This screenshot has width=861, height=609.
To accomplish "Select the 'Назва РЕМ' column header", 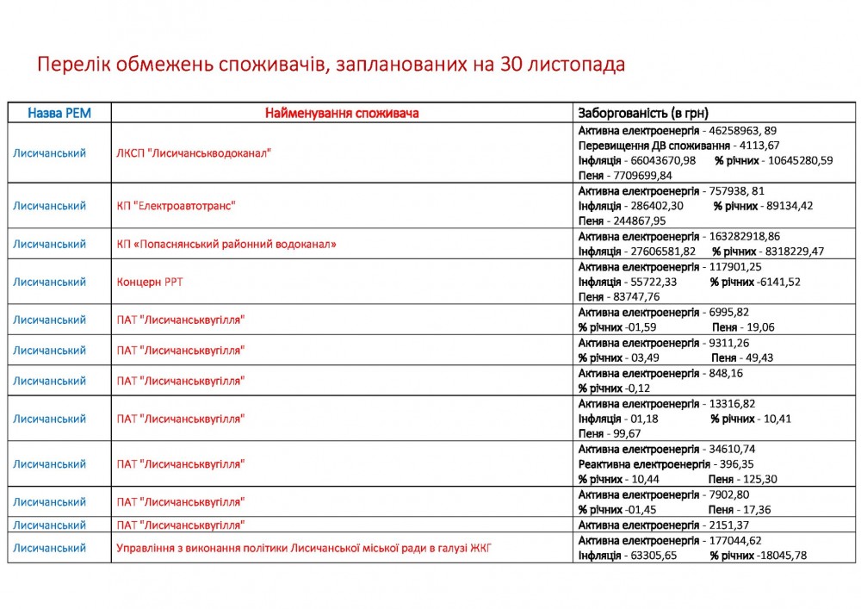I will pyautogui.click(x=59, y=113).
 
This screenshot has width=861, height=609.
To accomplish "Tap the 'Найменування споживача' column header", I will pyautogui.click(x=342, y=113).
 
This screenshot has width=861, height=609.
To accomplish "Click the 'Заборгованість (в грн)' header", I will pyautogui.click(x=643, y=113).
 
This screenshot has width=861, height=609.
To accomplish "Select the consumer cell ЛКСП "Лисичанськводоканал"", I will pyautogui.click(x=194, y=153).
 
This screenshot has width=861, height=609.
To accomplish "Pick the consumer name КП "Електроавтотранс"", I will pyautogui.click(x=176, y=207).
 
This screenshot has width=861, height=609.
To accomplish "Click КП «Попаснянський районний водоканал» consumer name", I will pyautogui.click(x=226, y=244).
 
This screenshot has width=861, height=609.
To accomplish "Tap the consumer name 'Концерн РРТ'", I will pyautogui.click(x=150, y=282).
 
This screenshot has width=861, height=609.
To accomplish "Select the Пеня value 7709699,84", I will pyautogui.click(x=637, y=175).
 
